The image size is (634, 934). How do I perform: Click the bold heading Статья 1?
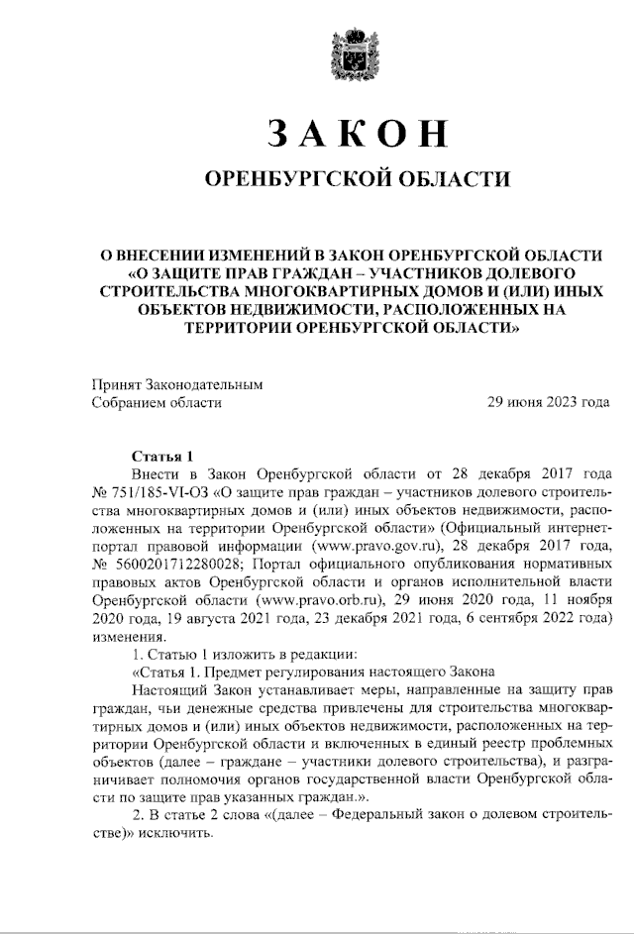tap(163, 457)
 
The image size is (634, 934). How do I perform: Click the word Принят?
tap(115, 384)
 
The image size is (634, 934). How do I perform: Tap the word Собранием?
tap(129, 402)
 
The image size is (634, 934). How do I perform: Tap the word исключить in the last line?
tap(180, 831)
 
